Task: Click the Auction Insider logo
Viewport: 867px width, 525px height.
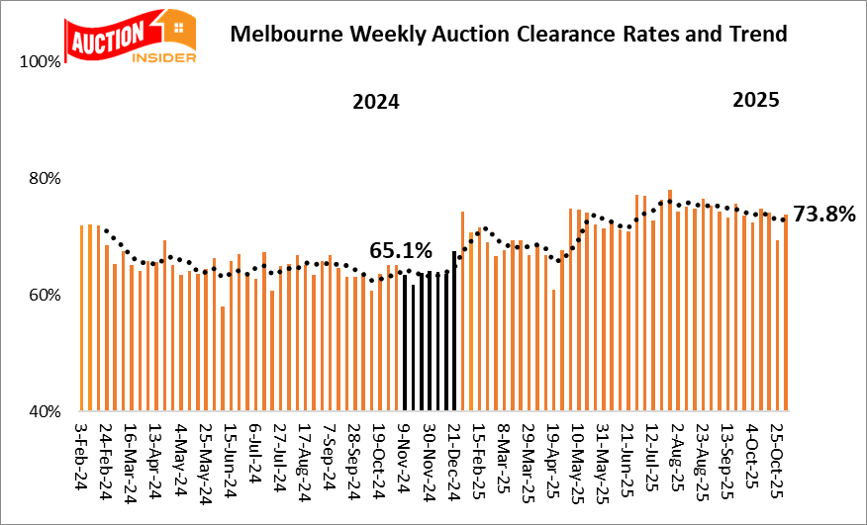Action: tap(130, 37)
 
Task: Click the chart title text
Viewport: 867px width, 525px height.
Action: tap(508, 35)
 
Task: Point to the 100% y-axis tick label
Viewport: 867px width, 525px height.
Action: tap(42, 62)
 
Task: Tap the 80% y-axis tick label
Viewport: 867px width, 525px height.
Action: tap(46, 179)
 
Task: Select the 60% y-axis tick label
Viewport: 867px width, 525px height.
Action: tap(46, 296)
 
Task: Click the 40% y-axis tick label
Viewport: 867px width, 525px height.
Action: tap(46, 411)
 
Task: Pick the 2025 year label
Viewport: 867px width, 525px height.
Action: tap(755, 100)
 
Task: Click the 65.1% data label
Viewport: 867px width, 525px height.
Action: tap(402, 251)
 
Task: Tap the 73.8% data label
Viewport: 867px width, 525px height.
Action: tap(823, 215)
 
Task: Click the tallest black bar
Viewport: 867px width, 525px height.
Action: tap(454, 331)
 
